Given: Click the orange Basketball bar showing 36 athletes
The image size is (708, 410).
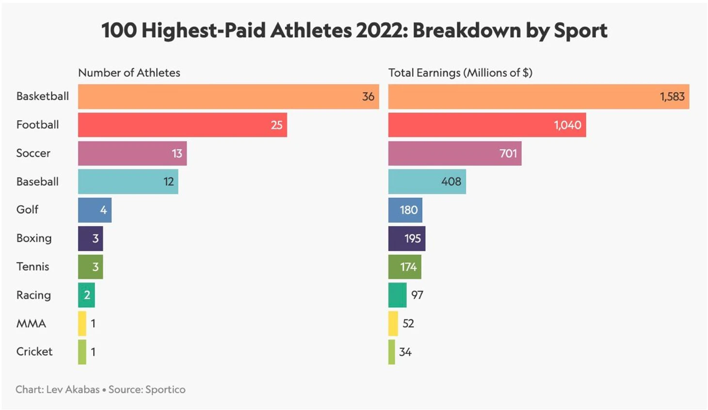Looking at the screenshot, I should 228,97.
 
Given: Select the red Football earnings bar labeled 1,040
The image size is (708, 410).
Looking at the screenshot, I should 486,125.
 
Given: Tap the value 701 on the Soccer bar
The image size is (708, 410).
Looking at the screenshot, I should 508,153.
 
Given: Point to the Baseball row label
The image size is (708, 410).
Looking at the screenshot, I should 37,181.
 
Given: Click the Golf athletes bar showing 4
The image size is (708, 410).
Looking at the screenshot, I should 95,210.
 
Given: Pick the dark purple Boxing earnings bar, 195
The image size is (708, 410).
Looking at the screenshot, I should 406,238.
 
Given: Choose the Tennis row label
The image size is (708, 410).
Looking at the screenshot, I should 32,266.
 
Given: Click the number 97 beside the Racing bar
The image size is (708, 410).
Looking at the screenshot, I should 417,295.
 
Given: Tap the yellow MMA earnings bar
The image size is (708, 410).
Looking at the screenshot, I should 393,324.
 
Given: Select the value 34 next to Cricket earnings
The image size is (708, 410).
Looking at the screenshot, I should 405,352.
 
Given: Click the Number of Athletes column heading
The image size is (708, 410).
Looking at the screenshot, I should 129,73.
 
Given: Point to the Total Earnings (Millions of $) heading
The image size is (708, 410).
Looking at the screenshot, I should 460,73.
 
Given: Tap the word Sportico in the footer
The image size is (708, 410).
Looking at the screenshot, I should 165,390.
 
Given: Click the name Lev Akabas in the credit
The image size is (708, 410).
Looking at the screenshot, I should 73,390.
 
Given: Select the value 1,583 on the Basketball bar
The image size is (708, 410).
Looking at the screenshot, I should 672,97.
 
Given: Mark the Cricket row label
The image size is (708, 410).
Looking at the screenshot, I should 34,351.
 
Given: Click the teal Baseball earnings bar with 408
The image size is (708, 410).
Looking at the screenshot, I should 427,181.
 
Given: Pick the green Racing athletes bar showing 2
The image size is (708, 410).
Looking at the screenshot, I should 86,295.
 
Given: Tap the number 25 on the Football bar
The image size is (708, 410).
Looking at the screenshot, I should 276,125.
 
